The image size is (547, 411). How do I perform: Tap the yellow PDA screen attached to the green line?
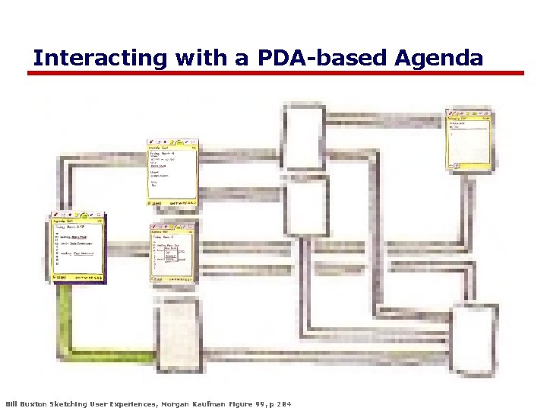(x=78, y=249)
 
